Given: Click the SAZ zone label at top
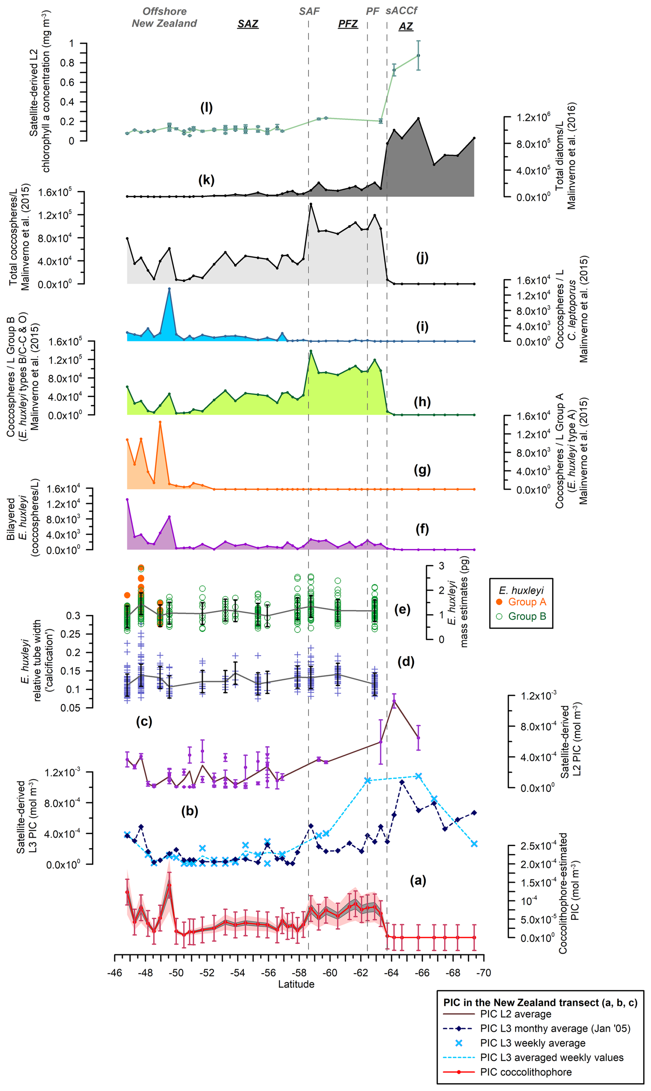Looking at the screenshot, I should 248,24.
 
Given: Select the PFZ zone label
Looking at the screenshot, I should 348,24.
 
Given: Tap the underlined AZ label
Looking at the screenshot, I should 406,26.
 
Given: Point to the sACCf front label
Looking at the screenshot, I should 402,11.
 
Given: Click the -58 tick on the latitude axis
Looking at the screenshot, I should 299,973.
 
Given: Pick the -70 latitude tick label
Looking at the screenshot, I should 484,973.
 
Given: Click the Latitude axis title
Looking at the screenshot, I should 296,984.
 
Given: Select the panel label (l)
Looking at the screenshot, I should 206,107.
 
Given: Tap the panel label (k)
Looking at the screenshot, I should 206,180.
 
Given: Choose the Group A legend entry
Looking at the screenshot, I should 526,602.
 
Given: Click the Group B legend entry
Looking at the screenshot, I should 526,616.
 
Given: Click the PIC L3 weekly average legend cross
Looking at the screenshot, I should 459,1043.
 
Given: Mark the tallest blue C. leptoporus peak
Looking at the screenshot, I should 169,289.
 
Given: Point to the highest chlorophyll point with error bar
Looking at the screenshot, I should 418,55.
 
